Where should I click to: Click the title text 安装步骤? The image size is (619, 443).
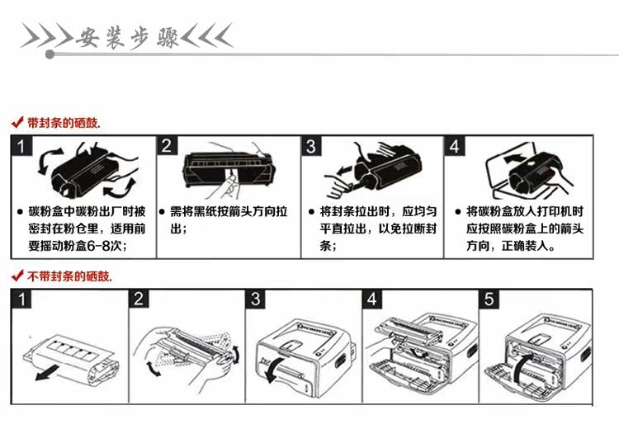[126, 38]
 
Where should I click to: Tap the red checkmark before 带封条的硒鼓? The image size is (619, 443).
[17, 122]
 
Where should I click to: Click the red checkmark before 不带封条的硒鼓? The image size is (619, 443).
[17, 276]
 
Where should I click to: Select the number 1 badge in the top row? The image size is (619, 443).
[21, 146]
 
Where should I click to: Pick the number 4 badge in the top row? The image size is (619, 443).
[455, 146]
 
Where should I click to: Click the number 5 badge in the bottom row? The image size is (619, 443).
[489, 299]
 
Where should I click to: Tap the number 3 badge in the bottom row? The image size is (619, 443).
[255, 299]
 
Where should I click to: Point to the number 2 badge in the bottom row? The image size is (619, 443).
[139, 299]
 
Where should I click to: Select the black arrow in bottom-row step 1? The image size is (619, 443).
[46, 373]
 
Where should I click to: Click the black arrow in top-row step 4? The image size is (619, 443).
[514, 158]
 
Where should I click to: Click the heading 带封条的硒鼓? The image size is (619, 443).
[64, 123]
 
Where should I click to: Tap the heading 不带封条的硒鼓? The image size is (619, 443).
[69, 276]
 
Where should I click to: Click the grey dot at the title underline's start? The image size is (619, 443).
[50, 54]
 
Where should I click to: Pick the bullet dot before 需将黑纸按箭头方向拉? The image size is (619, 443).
[162, 212]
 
